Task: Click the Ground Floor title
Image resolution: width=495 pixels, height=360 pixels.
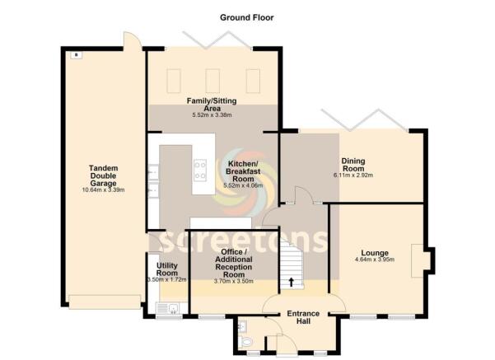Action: (x=247, y=16)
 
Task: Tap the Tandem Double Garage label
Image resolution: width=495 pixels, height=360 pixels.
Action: (x=104, y=176)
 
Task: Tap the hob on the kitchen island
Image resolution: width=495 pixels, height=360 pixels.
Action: (x=200, y=171)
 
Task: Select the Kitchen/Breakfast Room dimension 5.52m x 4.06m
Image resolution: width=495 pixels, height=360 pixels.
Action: (x=243, y=186)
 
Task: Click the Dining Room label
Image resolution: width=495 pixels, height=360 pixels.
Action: (x=353, y=164)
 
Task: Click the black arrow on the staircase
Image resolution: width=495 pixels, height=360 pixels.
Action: (x=291, y=282)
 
